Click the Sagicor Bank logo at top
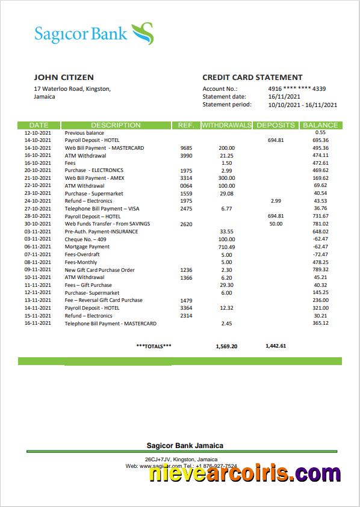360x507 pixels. (x=93, y=33)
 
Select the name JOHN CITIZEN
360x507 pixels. (x=64, y=77)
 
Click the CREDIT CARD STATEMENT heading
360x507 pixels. (x=252, y=77)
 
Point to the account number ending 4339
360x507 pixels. (x=297, y=89)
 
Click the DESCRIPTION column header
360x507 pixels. (x=116, y=125)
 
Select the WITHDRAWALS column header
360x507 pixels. (x=226, y=125)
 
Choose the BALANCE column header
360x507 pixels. (x=320, y=125)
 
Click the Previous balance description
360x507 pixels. (x=84, y=133)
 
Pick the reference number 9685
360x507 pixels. (x=186, y=148)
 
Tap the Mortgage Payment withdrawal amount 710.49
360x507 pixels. (x=226, y=247)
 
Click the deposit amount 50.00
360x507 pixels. (x=276, y=224)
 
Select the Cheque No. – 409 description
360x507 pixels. (x=85, y=239)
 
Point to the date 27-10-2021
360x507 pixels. (x=38, y=209)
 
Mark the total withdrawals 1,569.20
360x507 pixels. (x=226, y=346)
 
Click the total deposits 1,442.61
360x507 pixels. (x=276, y=346)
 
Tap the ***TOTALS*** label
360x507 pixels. (x=154, y=346)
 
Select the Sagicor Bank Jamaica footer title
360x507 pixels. (x=185, y=446)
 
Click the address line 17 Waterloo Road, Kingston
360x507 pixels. (x=72, y=89)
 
